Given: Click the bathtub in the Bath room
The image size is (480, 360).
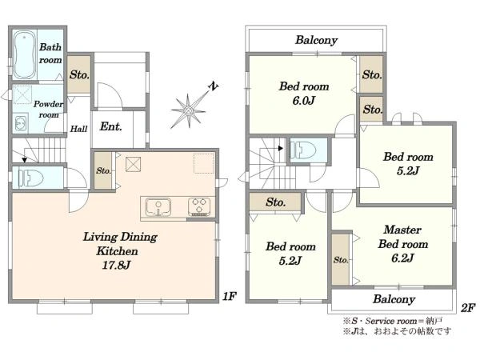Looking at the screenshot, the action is [25, 55].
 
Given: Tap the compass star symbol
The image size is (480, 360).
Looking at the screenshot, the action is [189, 110].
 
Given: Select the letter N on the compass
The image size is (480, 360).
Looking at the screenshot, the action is [214, 86].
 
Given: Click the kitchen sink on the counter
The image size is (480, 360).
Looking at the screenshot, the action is [158, 207].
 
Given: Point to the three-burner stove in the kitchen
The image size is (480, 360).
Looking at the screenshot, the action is [199, 206].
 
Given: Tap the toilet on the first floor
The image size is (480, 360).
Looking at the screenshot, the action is [30, 178].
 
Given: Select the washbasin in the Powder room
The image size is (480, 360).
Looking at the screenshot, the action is [21, 123].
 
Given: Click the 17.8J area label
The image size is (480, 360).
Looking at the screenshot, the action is [116, 265].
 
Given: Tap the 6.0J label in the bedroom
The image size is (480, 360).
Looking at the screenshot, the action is [303, 101].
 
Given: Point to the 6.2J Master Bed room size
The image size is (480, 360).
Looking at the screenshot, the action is [402, 258].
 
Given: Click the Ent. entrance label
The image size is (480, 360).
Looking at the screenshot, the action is [111, 126].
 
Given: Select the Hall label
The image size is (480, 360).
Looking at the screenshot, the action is [78, 129].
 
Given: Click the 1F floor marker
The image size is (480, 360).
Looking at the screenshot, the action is [230, 296].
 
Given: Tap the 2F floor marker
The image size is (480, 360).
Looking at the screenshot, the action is [468, 308].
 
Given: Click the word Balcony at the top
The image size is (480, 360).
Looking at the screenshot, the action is [316, 40].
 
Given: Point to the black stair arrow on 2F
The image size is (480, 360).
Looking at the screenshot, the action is [280, 149].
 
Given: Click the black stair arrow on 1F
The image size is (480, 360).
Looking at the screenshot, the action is [25, 160].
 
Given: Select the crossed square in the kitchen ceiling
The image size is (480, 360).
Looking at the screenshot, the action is [133, 164].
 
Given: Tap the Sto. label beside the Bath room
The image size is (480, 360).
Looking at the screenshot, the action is [79, 74].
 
